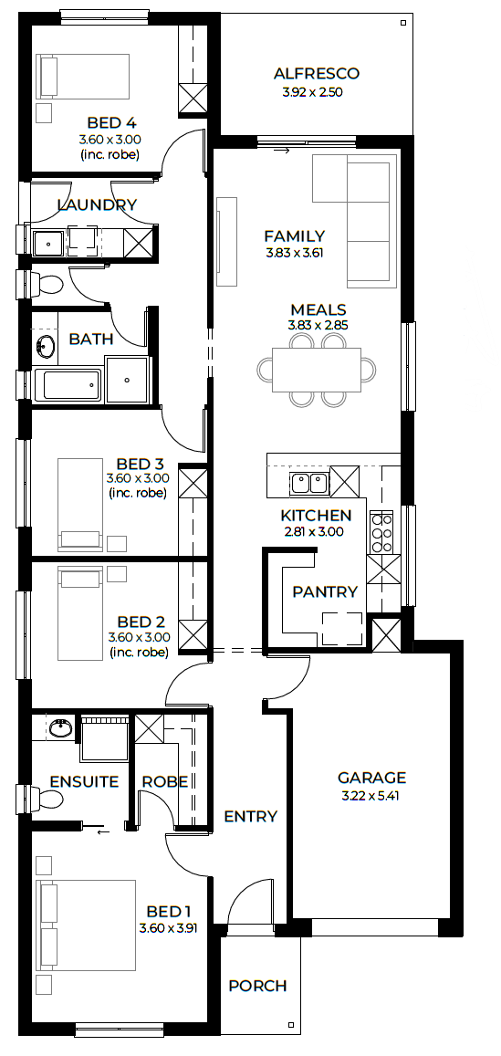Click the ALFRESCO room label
317,74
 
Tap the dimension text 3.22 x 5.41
371,795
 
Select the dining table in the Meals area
316,370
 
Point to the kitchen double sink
308,482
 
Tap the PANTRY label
325,592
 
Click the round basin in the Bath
46,347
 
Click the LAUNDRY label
97,205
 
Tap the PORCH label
257,986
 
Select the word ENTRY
250,817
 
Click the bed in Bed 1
86,925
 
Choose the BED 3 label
140,464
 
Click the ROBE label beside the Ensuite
165,782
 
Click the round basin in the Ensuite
61,727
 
